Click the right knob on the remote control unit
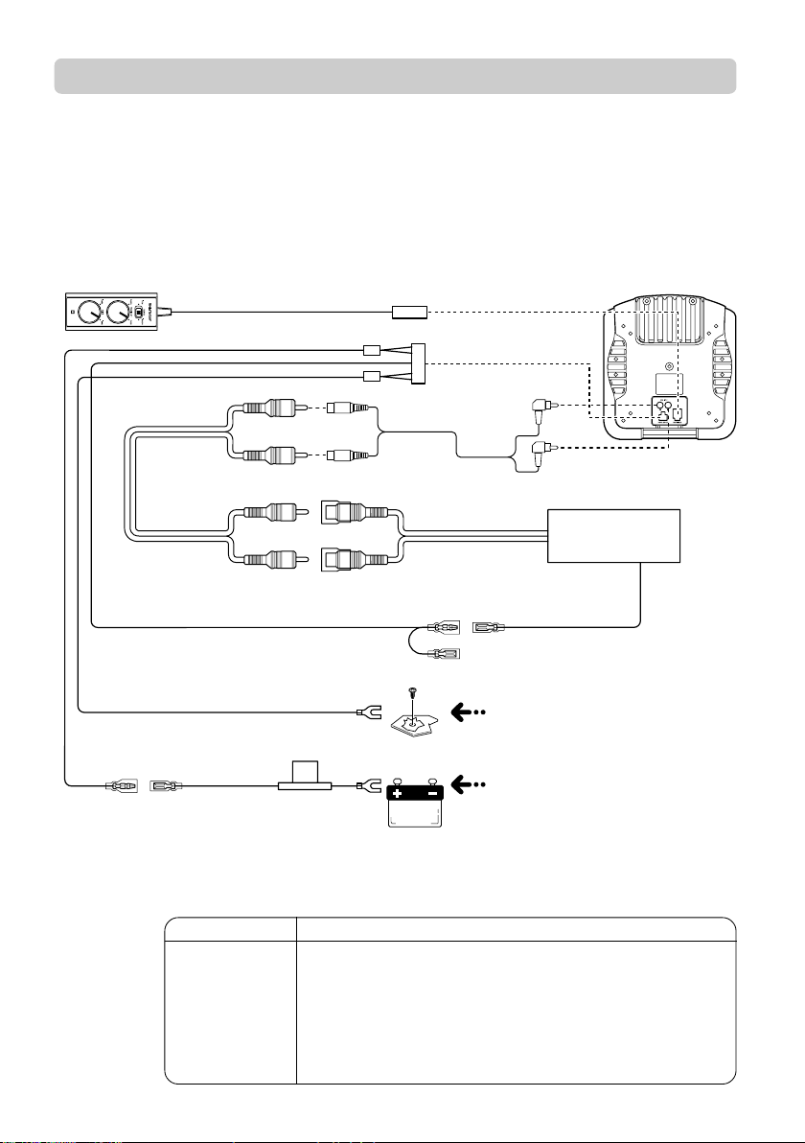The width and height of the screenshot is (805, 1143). tap(120, 313)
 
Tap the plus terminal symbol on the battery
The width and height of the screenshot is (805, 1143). tap(397, 794)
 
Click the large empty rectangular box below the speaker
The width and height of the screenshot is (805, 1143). tap(613, 536)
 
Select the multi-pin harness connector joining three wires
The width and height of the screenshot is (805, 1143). tap(418, 364)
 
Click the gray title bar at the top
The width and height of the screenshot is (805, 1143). tap(395, 76)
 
